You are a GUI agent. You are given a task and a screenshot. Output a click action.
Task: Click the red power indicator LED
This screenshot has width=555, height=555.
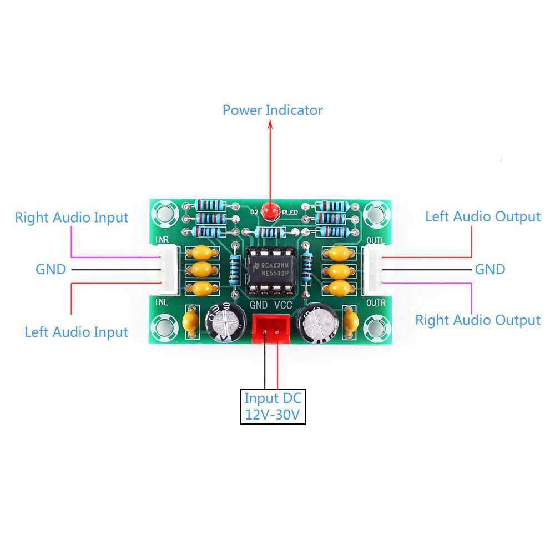point(271,211)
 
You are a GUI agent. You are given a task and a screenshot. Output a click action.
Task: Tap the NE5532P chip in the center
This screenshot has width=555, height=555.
point(271,270)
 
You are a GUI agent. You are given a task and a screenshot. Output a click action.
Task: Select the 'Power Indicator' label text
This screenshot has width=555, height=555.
point(272,110)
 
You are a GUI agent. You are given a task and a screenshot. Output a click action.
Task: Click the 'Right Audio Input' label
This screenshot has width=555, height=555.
point(72,218)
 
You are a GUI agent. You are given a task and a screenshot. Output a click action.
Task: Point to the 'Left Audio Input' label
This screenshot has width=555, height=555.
point(76,332)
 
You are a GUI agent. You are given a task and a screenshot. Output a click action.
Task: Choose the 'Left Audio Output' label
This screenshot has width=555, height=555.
point(482,216)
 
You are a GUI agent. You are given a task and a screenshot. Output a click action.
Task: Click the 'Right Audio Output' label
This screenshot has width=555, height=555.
point(477,320)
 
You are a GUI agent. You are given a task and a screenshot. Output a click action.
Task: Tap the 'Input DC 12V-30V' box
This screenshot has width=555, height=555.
point(273,407)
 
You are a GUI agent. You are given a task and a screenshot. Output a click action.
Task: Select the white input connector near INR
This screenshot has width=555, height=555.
point(168,270)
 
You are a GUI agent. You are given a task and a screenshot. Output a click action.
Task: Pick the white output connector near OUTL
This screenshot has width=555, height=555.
point(372,270)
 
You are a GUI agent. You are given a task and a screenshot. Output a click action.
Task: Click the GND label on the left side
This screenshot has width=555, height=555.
point(51,270)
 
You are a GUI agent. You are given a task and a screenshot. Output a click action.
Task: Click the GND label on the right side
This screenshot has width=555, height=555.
point(490,270)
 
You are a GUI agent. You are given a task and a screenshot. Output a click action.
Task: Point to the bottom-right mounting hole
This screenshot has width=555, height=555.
point(377,326)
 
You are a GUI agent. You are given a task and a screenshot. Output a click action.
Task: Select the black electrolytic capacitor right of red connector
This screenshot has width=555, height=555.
point(317,323)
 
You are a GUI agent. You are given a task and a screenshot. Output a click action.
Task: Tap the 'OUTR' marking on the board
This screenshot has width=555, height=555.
point(376,303)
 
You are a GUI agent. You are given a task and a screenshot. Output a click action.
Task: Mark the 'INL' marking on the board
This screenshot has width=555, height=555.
point(162,303)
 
